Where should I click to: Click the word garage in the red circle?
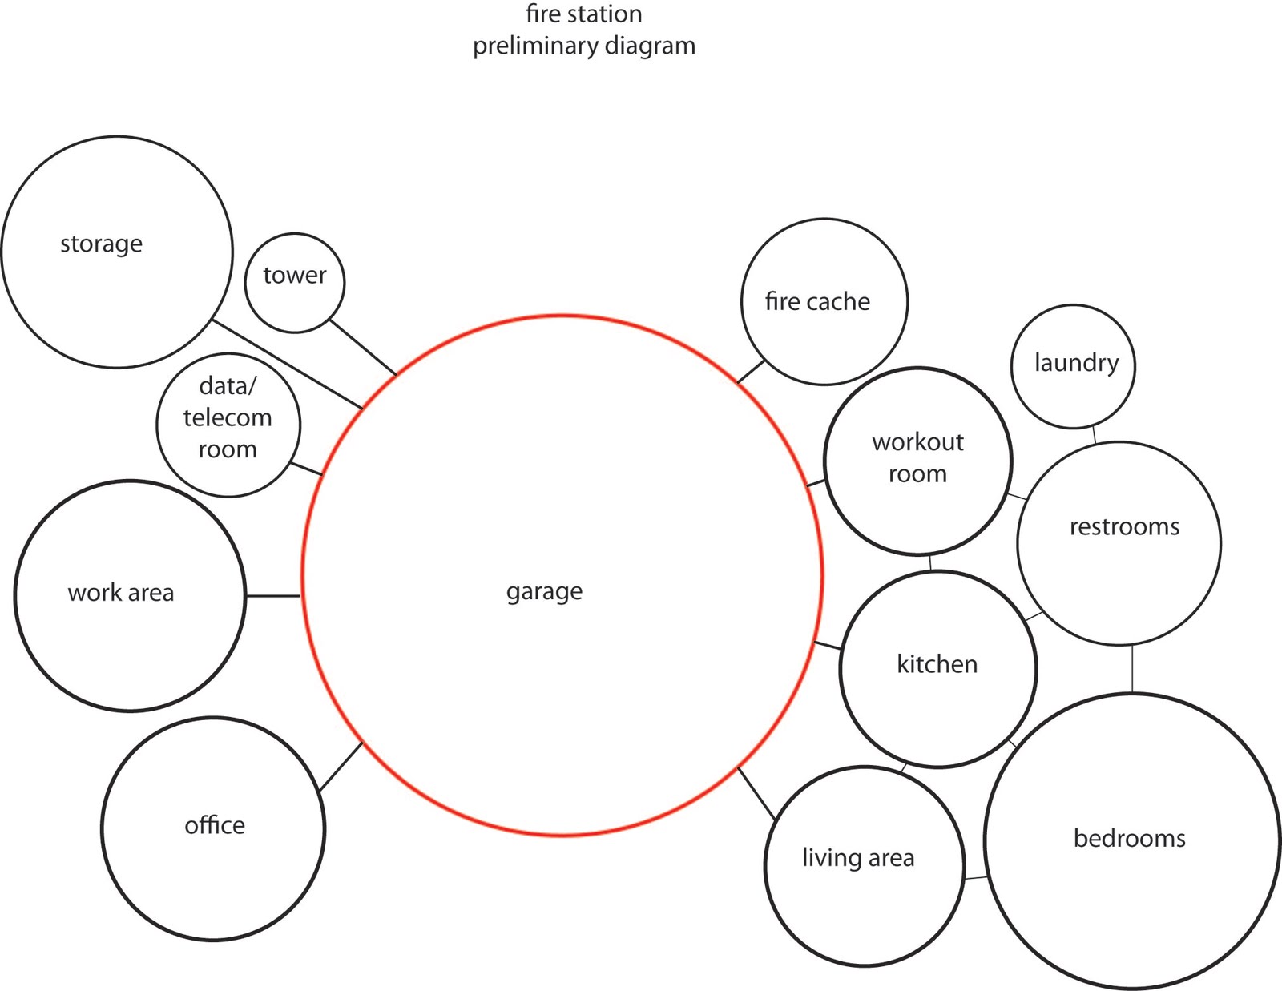click(544, 591)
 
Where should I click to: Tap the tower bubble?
click(295, 282)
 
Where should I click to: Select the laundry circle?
click(1074, 365)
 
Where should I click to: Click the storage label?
click(102, 244)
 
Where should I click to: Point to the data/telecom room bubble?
click(228, 425)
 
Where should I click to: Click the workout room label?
click(917, 457)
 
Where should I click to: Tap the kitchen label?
click(937, 664)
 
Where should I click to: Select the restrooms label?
click(1124, 526)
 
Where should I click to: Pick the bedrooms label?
click(1129, 838)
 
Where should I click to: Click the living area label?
click(858, 858)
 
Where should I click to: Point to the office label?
click(215, 825)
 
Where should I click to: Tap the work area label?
click(121, 593)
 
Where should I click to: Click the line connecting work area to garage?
click(273, 596)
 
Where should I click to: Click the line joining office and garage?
click(341, 767)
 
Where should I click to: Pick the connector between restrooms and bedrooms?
click(1132, 668)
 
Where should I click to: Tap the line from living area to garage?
click(756, 793)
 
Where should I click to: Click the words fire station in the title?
click(583, 14)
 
